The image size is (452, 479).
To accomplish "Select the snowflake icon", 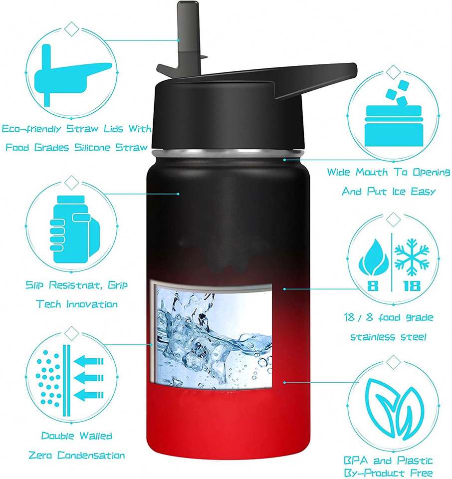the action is (x=412, y=256).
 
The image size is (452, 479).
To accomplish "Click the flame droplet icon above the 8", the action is (x=374, y=257).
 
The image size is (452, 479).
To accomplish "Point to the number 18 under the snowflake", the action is (x=412, y=285).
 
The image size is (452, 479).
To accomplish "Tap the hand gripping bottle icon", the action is (x=72, y=230).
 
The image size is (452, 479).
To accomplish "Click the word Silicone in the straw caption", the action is (x=92, y=148).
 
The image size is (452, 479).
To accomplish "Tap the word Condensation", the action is (x=91, y=455).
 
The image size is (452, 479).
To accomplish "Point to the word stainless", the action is (x=369, y=337).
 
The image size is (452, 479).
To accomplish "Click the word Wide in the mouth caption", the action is (x=338, y=172).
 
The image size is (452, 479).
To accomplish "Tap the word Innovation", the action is (x=92, y=304).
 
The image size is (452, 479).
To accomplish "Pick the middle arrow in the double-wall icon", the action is (x=89, y=378).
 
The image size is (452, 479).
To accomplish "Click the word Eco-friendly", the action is (x=31, y=129).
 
